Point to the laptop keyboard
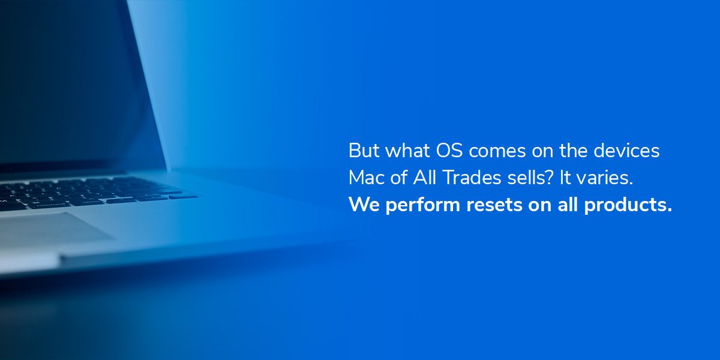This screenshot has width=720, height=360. [90, 192]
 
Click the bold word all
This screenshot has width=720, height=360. [568, 205]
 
